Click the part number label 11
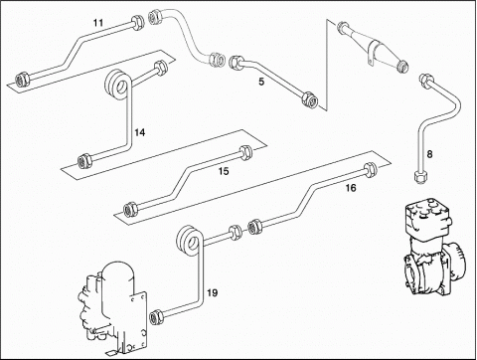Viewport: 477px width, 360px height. [98, 23]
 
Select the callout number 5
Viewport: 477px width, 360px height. [261, 82]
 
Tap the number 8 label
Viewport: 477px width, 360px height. [429, 154]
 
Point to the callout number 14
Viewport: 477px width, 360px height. [140, 132]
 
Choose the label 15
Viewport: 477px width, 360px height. [224, 171]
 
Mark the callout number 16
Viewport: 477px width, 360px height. [351, 188]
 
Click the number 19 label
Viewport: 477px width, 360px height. [213, 293]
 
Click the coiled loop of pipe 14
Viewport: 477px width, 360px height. [118, 85]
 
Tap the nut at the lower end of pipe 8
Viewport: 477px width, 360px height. [420, 176]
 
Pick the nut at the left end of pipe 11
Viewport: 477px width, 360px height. [23, 80]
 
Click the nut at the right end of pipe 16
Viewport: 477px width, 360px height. [370, 170]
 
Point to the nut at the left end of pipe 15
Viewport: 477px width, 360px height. [130, 210]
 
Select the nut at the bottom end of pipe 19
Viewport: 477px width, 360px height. [156, 317]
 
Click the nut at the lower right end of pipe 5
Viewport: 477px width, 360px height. [310, 99]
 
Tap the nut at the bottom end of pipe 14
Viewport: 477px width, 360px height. [84, 160]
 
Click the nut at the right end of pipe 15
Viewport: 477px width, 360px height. [245, 152]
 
